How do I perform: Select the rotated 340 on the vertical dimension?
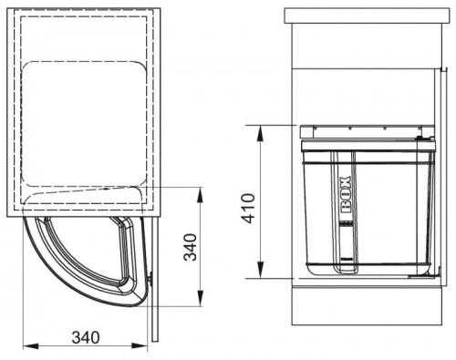[191, 247]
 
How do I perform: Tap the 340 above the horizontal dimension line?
[86, 337]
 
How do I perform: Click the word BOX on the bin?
[346, 194]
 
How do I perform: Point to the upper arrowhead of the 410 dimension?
[261, 134]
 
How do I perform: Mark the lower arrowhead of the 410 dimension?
[261, 270]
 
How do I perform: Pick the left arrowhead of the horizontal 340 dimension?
[31, 345]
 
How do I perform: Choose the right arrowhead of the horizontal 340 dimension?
[140, 345]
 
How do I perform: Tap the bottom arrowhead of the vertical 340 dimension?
[200, 298]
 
